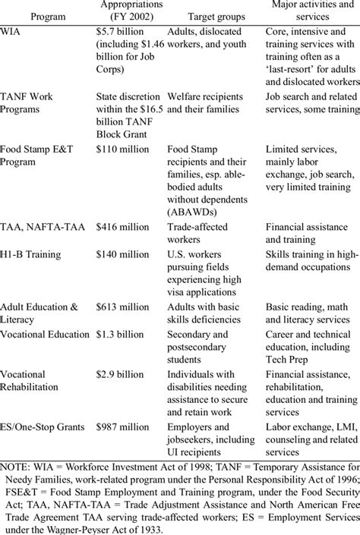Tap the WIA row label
tap(11, 33)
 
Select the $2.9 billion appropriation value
tap(119, 374)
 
